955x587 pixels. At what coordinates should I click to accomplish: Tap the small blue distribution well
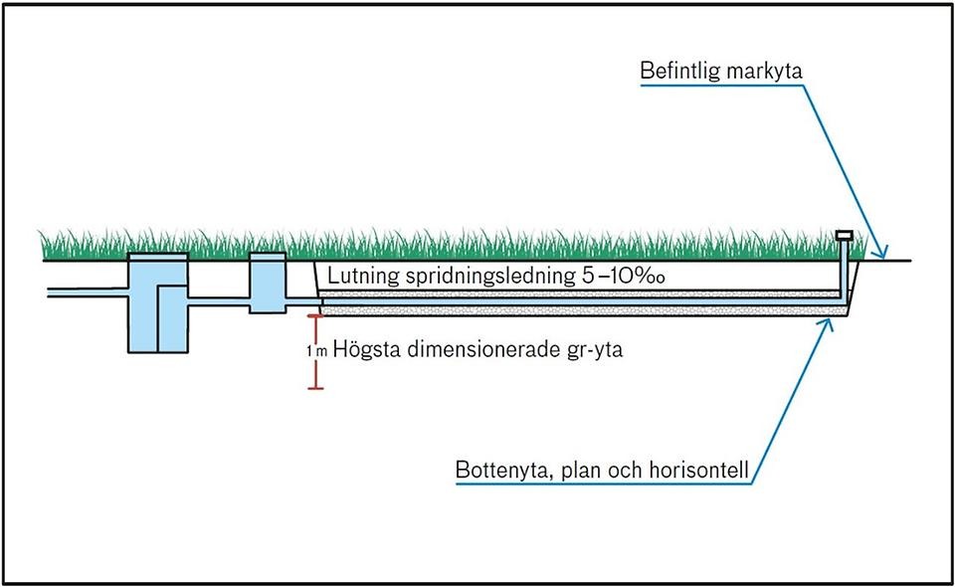click(267, 282)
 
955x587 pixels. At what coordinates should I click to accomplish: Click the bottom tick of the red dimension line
click(316, 387)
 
